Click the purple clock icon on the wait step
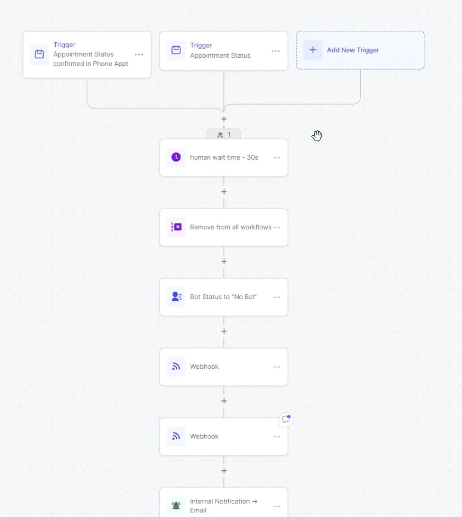click(176, 157)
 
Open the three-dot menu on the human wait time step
click(277, 158)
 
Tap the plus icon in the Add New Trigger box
click(313, 50)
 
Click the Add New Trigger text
click(353, 50)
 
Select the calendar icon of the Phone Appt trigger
click(39, 54)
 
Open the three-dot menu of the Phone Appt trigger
click(139, 55)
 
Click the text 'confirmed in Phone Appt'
click(91, 64)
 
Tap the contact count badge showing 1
click(224, 135)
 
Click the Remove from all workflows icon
click(176, 227)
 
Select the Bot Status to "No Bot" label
click(223, 297)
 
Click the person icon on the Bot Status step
click(176, 297)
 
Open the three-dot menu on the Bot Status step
click(277, 297)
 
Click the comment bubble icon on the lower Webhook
click(286, 419)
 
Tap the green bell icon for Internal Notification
click(176, 506)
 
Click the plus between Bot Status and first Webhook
click(224, 331)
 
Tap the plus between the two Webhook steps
click(224, 401)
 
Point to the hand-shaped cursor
click(317, 135)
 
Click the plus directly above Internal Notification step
click(224, 471)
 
